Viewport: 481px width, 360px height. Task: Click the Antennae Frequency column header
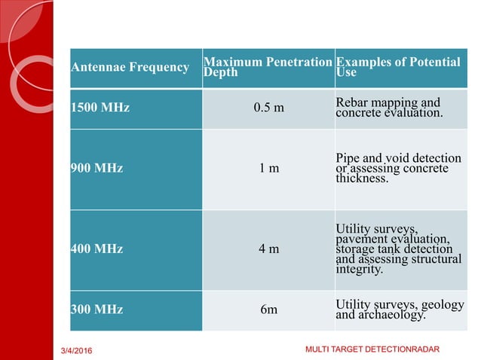130,68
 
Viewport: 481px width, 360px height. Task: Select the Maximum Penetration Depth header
267,68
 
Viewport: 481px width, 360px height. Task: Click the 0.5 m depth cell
268,108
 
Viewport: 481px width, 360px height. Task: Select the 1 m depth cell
268,169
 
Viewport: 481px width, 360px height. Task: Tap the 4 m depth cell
268,249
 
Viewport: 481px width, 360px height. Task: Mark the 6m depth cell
268,310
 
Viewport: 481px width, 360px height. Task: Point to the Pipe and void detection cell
398,169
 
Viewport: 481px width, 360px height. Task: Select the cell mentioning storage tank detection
398,249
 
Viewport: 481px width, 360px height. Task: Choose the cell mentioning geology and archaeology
398,310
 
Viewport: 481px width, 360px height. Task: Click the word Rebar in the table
352,102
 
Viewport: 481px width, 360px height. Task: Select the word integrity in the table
360,269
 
